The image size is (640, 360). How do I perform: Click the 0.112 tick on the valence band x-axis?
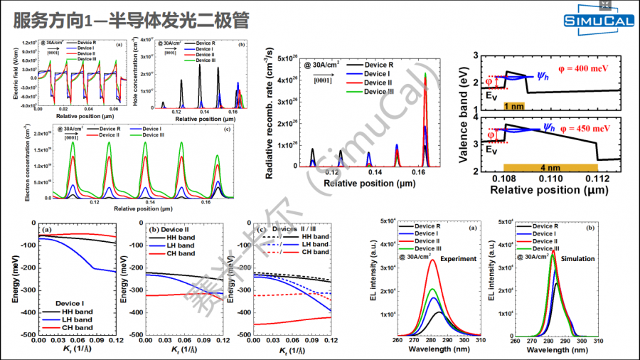tap(598, 181)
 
